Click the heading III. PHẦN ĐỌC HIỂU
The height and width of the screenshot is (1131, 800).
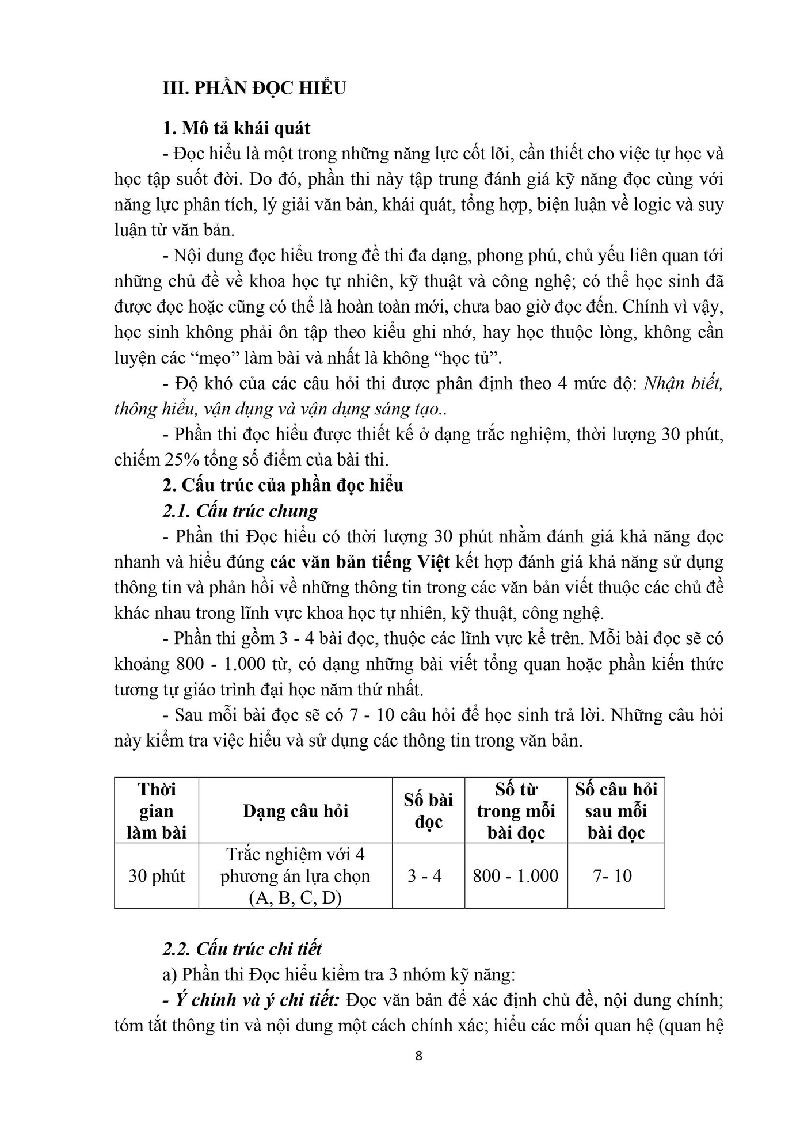coord(254,88)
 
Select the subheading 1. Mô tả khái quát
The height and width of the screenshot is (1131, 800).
coord(237,127)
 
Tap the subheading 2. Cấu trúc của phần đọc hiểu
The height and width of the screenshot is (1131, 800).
coord(283,485)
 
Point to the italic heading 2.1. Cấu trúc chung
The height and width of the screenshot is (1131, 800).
coord(241,511)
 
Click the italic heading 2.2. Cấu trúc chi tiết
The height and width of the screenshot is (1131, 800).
coord(242,949)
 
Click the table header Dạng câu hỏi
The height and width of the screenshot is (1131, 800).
coord(296,811)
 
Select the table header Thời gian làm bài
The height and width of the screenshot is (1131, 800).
coord(157,811)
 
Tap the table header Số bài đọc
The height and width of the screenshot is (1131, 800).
coord(429,811)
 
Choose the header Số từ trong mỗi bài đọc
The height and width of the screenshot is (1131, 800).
coord(516,811)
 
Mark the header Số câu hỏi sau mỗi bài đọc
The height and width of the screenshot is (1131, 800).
coord(616,811)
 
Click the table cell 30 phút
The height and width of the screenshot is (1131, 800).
coord(157,877)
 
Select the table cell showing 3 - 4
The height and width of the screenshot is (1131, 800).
coord(425,877)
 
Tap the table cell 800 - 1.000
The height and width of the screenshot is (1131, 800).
coord(516,877)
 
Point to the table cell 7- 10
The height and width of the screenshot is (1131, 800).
coord(612,877)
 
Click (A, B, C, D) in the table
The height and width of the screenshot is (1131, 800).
coord(296,898)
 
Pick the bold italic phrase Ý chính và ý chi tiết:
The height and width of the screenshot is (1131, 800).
coord(259,1000)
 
